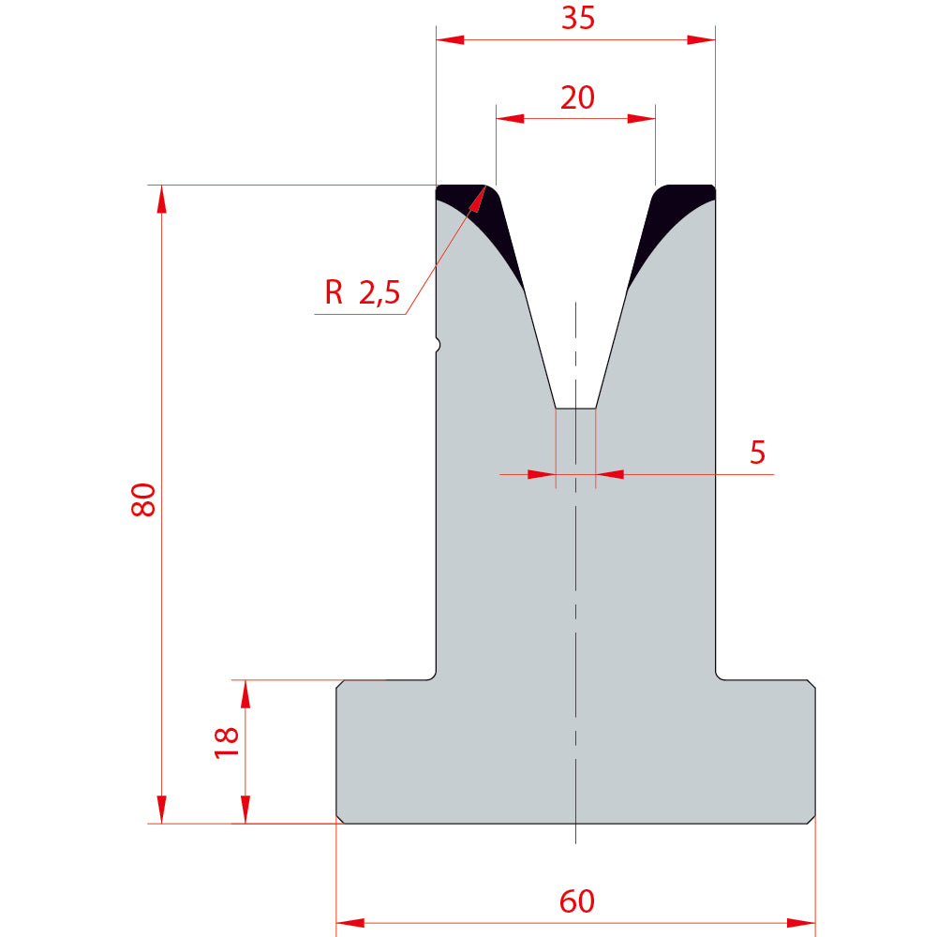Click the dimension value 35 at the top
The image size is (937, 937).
[x=578, y=18]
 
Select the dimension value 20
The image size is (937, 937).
[x=577, y=97]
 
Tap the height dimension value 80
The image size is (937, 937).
[x=143, y=499]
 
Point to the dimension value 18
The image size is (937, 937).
[x=227, y=743]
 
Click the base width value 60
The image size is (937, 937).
[x=577, y=901]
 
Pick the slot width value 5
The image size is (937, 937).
[x=757, y=453]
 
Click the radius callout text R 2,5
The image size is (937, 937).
[x=362, y=292]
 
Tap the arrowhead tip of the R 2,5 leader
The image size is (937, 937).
[x=484, y=186]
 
